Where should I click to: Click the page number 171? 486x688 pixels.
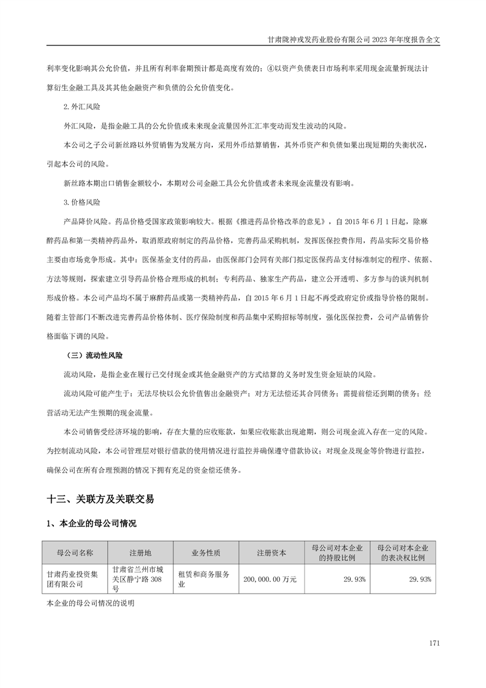(x=435, y=643)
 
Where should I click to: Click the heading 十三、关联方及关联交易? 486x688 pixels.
(x=100, y=499)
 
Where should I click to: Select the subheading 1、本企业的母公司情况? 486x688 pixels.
(x=91, y=524)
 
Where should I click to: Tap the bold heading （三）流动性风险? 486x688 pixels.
(x=96, y=355)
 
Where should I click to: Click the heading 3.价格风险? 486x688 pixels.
(x=82, y=202)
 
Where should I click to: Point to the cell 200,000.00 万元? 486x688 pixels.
(x=270, y=579)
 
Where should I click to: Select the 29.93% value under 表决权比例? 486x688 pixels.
(x=420, y=579)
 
